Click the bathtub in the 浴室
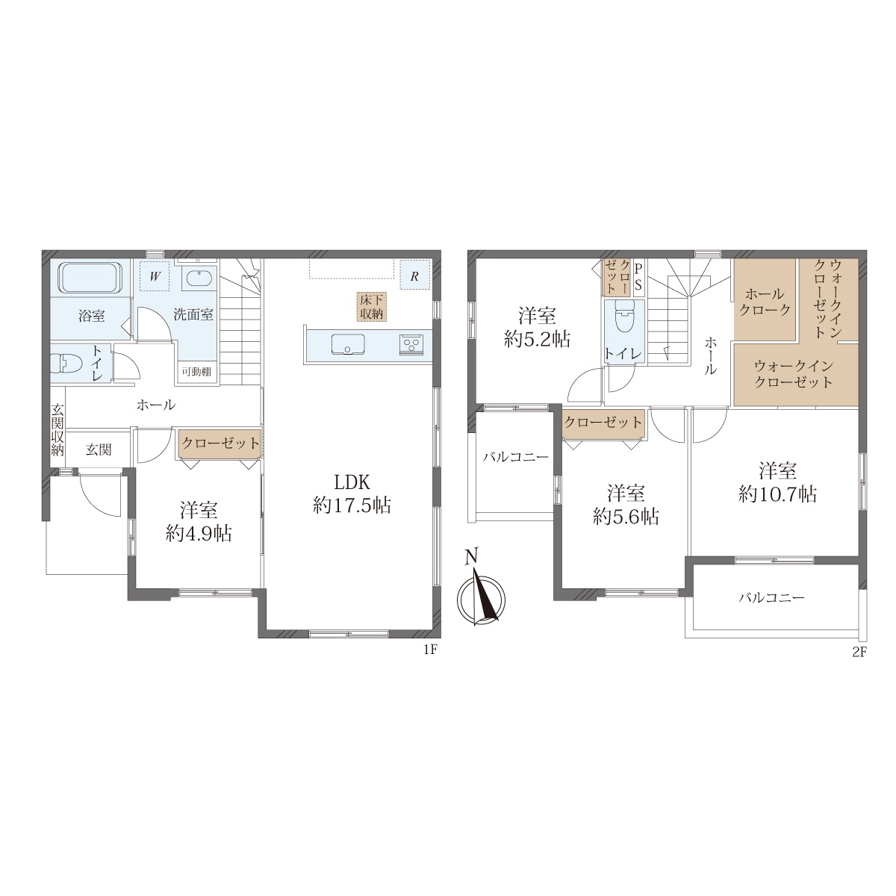[x=90, y=278]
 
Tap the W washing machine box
[x=155, y=276]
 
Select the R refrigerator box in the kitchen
[x=414, y=275]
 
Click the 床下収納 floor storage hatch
[x=372, y=306]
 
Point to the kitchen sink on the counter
[x=348, y=344]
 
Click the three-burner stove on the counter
[x=411, y=345]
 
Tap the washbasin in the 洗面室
[x=200, y=278]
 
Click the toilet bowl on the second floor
[x=624, y=317]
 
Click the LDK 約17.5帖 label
[x=352, y=494]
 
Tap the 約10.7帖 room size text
[x=778, y=494]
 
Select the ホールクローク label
[x=765, y=302]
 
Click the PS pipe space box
[x=638, y=278]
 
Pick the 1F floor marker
[x=431, y=650]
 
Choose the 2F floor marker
[x=859, y=653]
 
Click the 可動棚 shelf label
[x=196, y=372]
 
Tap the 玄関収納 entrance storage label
[x=57, y=430]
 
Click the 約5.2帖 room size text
[x=537, y=340]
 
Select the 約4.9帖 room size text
[x=199, y=534]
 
